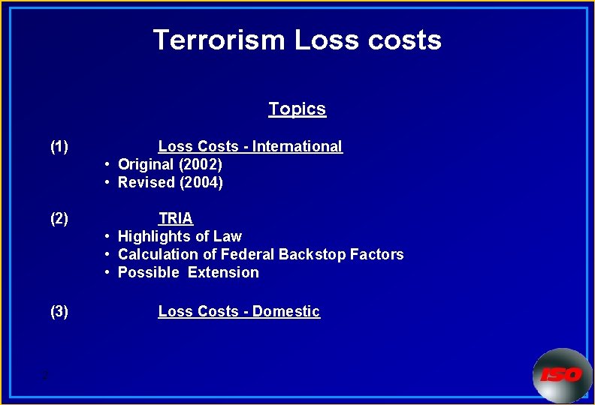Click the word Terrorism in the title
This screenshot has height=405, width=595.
pos(219,40)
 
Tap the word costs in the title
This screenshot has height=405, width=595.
pos(404,40)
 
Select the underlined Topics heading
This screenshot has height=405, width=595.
pos(297,109)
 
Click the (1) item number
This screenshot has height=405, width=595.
pos(59,146)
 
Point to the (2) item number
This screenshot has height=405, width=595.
pos(59,218)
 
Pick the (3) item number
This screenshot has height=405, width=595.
pos(59,311)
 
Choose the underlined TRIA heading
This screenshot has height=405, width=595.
pos(176,218)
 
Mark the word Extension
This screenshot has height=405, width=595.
pos(223,272)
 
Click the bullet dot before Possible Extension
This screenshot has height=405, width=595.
pos(109,272)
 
